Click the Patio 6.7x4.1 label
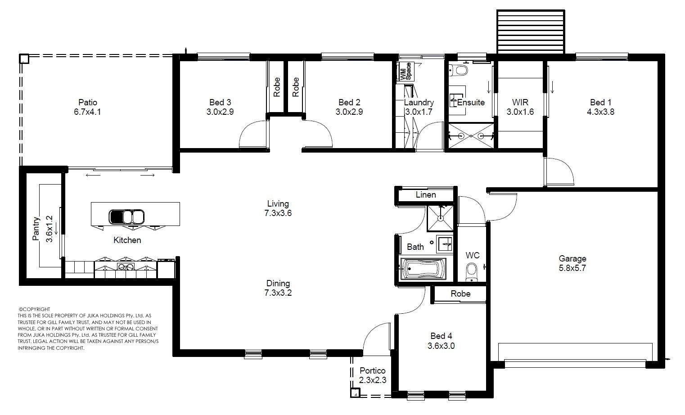(x=87, y=107)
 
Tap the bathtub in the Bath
(x=423, y=269)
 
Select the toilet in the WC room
(x=471, y=272)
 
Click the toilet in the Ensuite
(x=459, y=70)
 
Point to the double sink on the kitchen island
(x=126, y=217)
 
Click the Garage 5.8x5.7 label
(x=572, y=263)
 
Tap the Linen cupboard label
(x=426, y=194)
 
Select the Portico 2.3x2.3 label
(x=373, y=375)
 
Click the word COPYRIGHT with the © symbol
(x=34, y=309)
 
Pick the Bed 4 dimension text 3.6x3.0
(x=441, y=346)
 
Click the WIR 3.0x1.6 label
(x=520, y=107)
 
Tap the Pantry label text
(x=36, y=229)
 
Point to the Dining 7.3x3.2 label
(x=278, y=288)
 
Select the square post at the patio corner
(x=24, y=59)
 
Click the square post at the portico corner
(x=356, y=392)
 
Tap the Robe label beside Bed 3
(x=276, y=87)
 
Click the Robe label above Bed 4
(x=460, y=293)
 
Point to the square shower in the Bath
(x=440, y=218)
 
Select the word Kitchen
(x=127, y=240)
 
